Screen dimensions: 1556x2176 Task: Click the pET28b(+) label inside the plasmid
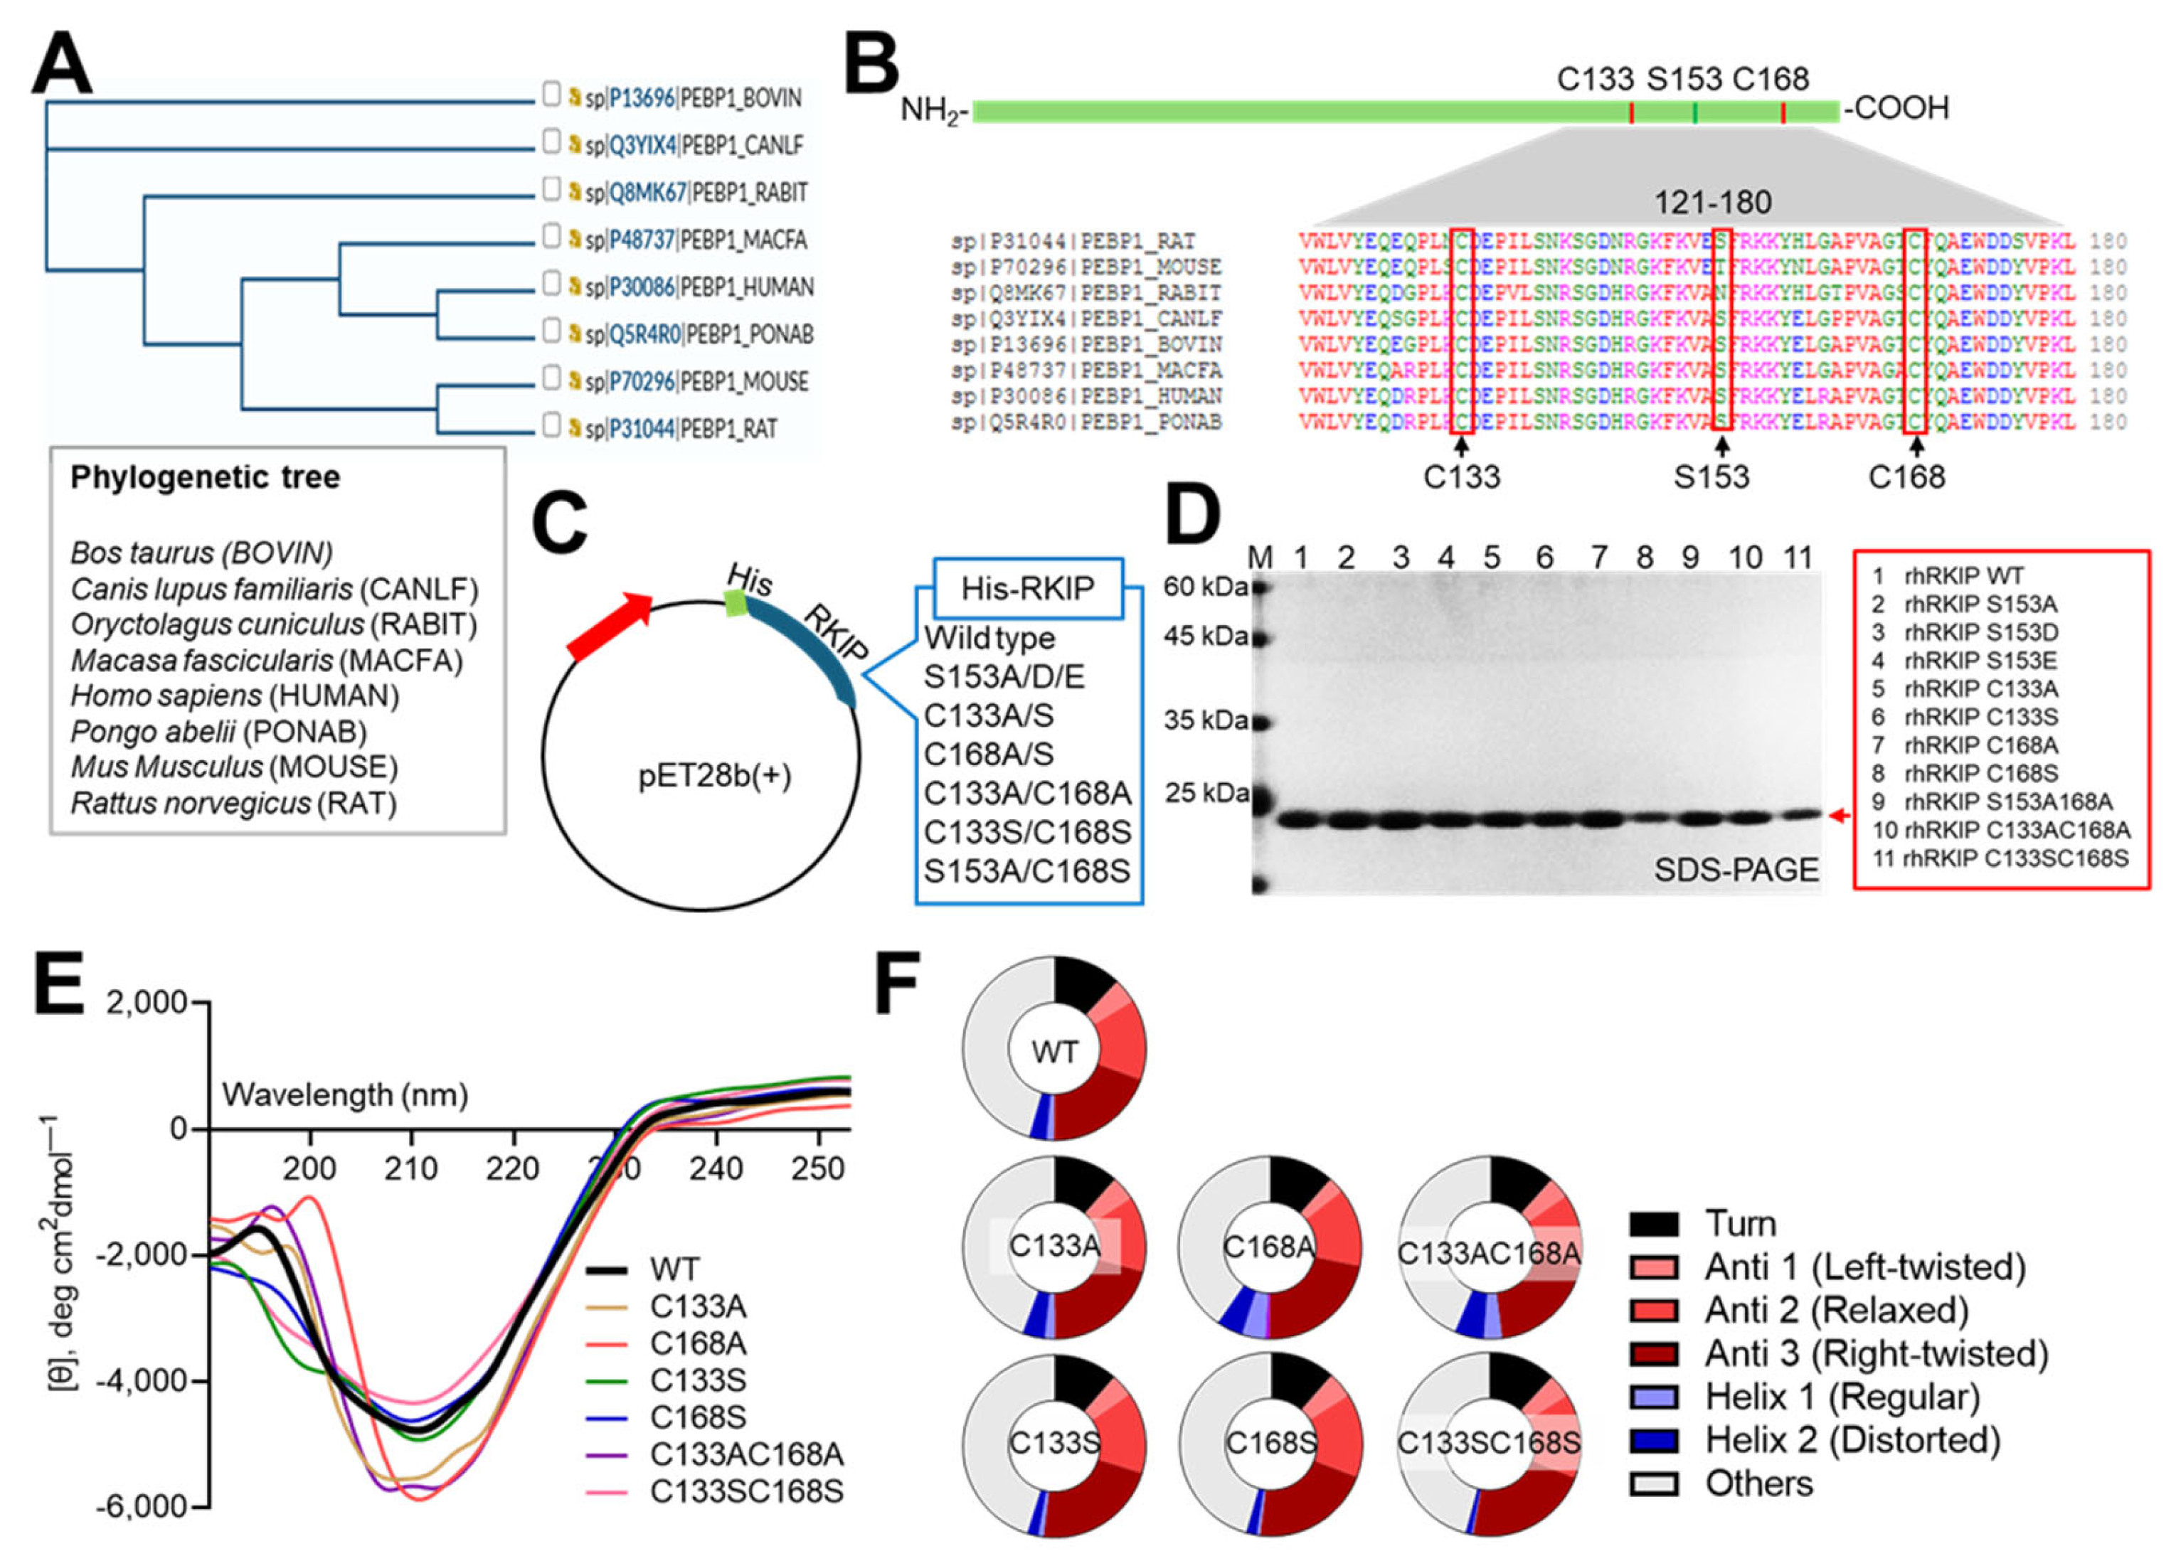pyautogui.click(x=714, y=776)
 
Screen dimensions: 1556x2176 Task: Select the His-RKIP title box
pyautogui.click(x=1027, y=588)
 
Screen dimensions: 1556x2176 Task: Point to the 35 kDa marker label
pyautogui.click(x=1206, y=720)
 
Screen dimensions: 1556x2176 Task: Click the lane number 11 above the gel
pyautogui.click(x=1798, y=557)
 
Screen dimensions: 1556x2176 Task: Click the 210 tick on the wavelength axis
pyautogui.click(x=412, y=1169)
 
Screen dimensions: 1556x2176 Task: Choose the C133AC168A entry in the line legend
pyautogui.click(x=745, y=1454)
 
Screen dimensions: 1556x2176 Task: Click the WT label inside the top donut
pyautogui.click(x=1054, y=1052)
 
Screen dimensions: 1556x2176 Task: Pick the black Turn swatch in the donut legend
pyautogui.click(x=1653, y=1223)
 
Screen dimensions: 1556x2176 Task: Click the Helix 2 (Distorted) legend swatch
pyautogui.click(x=1653, y=1439)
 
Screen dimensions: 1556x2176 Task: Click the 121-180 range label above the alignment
pyautogui.click(x=1712, y=202)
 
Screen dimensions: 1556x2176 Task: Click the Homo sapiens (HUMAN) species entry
pyautogui.click(x=234, y=696)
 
